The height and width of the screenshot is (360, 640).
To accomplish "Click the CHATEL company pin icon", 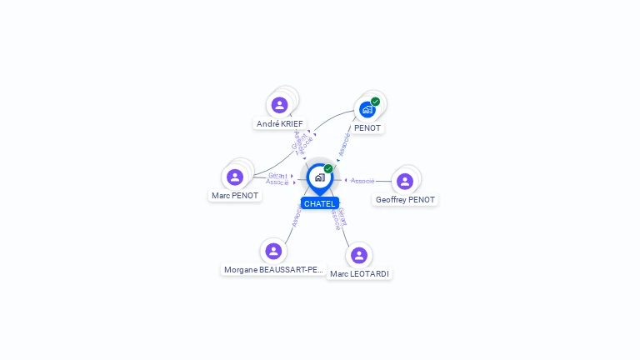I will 319,177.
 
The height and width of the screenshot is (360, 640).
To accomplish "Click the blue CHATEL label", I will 319,203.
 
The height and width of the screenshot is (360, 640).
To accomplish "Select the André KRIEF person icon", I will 280,105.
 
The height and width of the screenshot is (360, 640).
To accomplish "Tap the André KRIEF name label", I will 280,124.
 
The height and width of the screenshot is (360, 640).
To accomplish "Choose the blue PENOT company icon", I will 367,109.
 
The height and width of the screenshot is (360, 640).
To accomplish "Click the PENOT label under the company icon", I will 367,128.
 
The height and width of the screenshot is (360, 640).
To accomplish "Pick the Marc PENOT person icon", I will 235,177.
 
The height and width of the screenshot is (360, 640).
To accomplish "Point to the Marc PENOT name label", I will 235,196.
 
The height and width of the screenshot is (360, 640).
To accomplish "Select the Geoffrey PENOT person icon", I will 405,182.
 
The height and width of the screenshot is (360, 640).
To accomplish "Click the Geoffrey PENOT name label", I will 405,200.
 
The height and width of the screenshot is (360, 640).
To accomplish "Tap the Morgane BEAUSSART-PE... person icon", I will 273,251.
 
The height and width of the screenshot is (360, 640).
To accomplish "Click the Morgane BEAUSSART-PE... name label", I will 273,270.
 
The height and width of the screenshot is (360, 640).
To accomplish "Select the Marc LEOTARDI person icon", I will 359,255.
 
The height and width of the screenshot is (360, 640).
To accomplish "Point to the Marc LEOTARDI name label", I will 359,274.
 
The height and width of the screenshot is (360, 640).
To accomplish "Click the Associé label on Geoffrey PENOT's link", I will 362,181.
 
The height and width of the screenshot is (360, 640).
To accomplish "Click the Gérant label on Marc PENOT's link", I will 277,176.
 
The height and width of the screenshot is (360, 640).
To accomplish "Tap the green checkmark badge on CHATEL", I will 328,169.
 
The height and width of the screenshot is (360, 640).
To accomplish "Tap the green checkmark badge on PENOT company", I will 376,102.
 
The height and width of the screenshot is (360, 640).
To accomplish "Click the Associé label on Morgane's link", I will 296,218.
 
